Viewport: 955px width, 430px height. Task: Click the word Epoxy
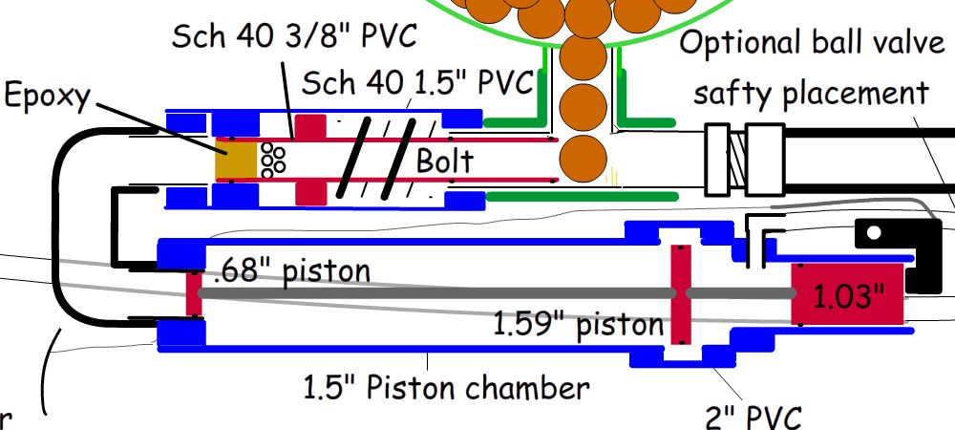coord(45,97)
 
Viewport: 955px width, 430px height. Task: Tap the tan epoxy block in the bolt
coord(236,160)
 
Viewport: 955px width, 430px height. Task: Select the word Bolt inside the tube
coord(444,161)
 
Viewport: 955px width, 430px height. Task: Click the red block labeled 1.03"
coord(844,294)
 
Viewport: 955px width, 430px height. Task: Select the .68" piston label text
coord(291,270)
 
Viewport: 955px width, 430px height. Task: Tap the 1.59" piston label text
coord(578,325)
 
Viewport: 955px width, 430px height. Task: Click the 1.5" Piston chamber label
coord(447,388)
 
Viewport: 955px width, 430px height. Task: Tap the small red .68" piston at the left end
coord(193,292)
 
